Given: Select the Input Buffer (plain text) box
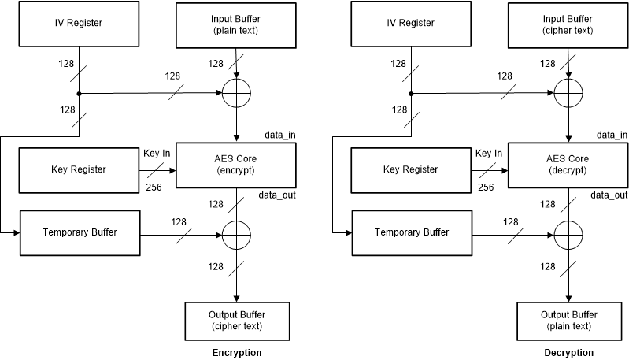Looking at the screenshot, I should [236, 23].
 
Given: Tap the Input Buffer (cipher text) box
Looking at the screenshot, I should [568, 23].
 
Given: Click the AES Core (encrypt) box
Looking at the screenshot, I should [236, 165].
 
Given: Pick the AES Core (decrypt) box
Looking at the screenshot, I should [568, 165].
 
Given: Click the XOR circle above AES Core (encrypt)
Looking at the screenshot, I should [236, 95].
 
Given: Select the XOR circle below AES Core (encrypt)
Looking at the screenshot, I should [236, 234].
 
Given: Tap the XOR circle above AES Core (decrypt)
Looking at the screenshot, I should [568, 95].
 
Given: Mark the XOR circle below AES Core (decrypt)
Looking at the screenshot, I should [568, 234].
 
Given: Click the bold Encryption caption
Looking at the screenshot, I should [236, 353].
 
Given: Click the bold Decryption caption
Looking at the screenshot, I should [568, 353].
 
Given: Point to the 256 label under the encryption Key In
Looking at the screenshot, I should [155, 187].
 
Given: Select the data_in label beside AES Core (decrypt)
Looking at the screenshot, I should [612, 135].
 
